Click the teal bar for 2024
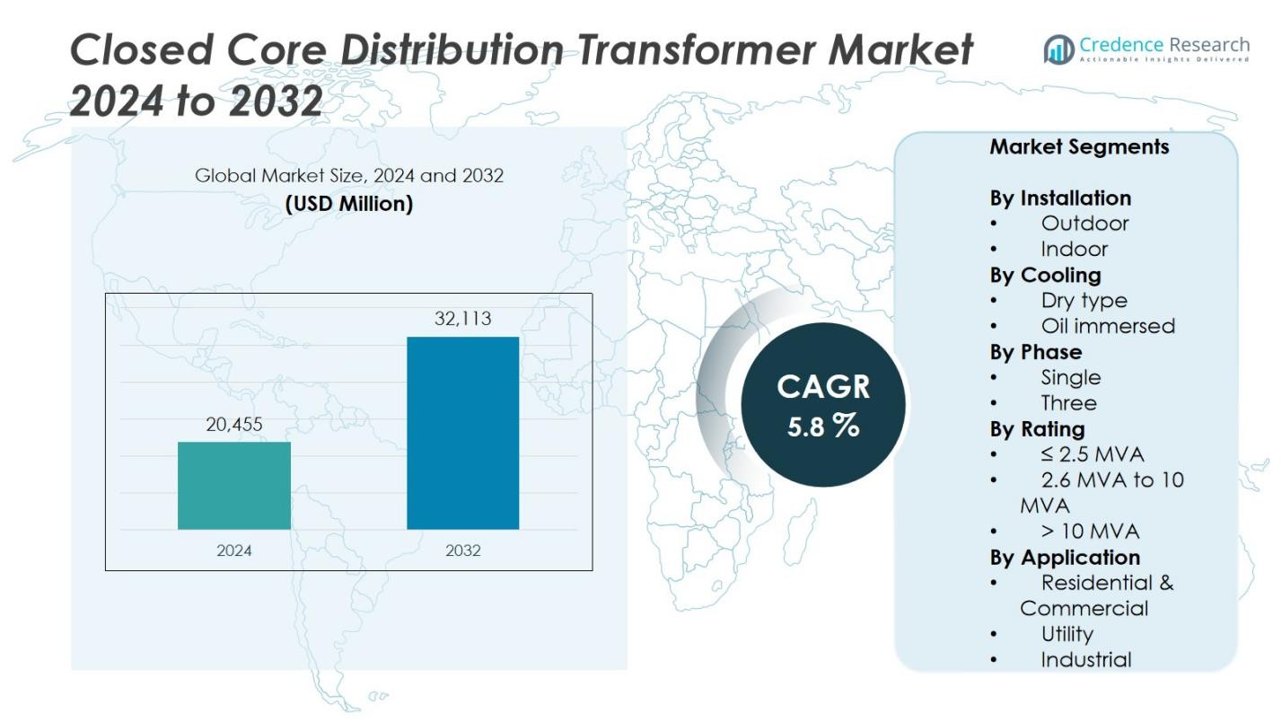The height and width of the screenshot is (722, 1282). (234, 485)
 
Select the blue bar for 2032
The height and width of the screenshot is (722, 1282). (462, 433)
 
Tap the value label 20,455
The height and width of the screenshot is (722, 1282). (234, 425)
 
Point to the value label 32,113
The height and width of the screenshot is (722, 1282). (463, 319)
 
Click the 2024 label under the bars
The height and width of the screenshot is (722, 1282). (234, 550)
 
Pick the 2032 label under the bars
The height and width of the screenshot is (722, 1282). (463, 550)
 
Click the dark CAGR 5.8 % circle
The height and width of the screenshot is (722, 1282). (823, 405)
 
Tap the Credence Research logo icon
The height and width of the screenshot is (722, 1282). (1059, 49)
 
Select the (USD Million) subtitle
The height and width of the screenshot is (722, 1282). (349, 204)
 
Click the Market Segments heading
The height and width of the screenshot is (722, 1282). (1079, 146)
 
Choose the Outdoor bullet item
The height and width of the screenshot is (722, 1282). (1084, 223)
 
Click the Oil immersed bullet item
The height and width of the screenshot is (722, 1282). (1107, 326)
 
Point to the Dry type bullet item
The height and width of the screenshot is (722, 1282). (1084, 300)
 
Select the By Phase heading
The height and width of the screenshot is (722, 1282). (1035, 352)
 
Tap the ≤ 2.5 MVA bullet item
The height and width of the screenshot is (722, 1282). (1092, 454)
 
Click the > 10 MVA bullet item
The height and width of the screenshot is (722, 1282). (1089, 532)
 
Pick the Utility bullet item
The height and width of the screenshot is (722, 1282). (1067, 634)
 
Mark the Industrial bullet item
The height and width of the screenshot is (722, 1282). (1085, 660)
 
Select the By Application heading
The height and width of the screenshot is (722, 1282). (1065, 558)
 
